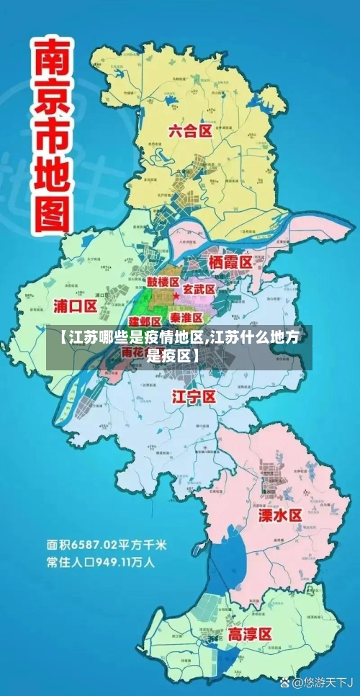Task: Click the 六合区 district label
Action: pyautogui.click(x=190, y=131)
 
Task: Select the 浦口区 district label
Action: pyautogui.click(x=76, y=305)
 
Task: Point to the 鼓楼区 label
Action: pyautogui.click(x=163, y=282)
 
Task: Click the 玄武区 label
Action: pyautogui.click(x=199, y=289)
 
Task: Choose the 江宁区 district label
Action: pyautogui.click(x=194, y=397)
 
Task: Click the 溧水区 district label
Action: pyautogui.click(x=280, y=515)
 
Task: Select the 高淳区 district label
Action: pyautogui.click(x=250, y=635)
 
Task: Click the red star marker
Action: pyautogui.click(x=176, y=296)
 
